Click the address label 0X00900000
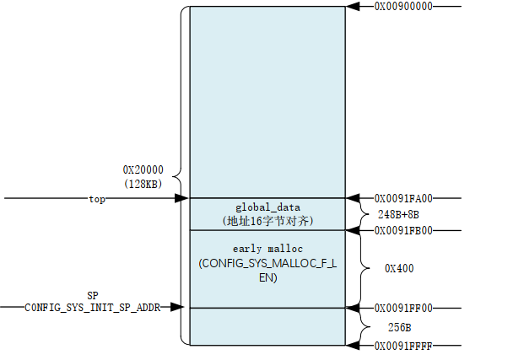tap(402, 7)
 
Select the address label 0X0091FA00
tap(402, 199)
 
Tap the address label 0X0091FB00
tap(402, 230)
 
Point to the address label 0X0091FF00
tap(402, 309)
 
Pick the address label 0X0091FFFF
tap(402, 346)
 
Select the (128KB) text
tap(143, 183)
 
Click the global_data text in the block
tap(267, 207)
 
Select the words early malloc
tap(267, 250)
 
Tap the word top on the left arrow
tap(97, 199)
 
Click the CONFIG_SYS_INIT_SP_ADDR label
tap(92, 308)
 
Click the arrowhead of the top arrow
tap(181, 199)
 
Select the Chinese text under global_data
tap(267, 220)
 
